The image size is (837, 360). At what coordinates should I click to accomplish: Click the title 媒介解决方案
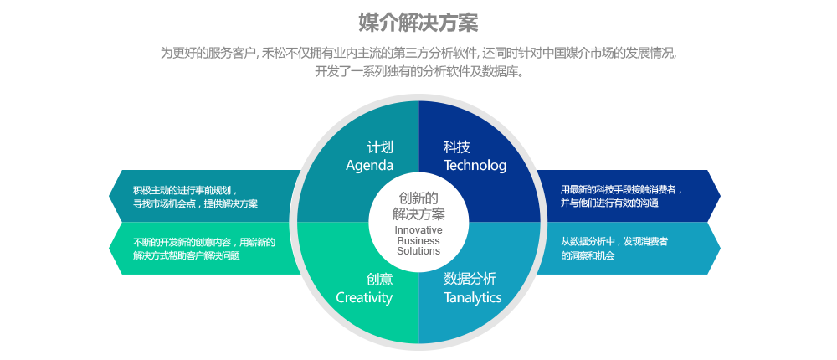click(x=418, y=23)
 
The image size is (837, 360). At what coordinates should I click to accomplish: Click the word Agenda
click(x=369, y=166)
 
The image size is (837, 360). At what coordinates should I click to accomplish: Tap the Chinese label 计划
click(x=380, y=147)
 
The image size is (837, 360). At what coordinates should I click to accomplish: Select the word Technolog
click(x=475, y=166)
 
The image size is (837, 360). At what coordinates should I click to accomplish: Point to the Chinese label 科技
click(x=457, y=147)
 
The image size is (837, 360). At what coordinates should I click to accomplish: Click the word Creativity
click(x=364, y=298)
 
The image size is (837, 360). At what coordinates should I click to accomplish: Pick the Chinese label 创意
click(x=379, y=279)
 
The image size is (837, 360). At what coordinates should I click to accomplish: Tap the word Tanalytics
click(x=472, y=298)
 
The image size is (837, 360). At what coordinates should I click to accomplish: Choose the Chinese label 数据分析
click(x=470, y=279)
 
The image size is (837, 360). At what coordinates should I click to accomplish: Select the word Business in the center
click(x=418, y=240)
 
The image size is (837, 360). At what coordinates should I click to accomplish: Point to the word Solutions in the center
click(x=418, y=250)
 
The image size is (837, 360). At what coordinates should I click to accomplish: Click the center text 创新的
click(x=418, y=198)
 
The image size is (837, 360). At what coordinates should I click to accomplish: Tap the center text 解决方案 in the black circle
click(x=418, y=214)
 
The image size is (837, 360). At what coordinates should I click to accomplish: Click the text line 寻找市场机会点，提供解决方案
click(x=195, y=203)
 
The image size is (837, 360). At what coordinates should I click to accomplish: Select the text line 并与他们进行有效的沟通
click(x=609, y=203)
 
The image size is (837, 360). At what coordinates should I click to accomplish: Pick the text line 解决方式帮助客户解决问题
click(x=186, y=255)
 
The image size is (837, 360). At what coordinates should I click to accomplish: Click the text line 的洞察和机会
click(x=588, y=255)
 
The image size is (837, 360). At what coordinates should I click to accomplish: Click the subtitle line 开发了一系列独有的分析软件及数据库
click(x=418, y=71)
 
